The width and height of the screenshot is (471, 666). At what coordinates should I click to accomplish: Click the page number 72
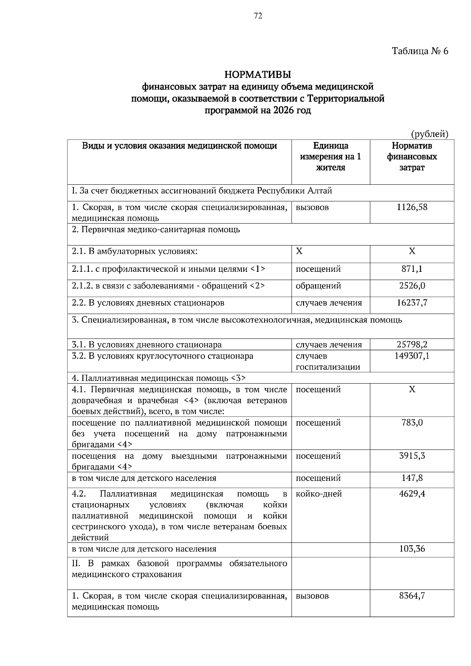258,16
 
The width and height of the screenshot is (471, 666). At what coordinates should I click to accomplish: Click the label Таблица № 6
420,51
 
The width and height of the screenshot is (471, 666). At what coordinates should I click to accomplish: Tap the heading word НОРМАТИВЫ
257,74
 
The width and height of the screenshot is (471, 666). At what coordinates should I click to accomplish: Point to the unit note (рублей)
429,134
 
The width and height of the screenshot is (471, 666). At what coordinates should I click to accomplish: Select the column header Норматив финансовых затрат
412,156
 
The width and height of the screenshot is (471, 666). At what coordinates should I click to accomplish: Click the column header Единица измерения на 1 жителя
330,156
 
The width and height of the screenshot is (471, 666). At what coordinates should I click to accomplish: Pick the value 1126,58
412,207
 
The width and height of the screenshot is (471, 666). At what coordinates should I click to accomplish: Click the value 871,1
412,269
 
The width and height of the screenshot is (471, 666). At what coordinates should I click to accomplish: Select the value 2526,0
412,286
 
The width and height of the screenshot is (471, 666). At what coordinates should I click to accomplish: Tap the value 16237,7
412,303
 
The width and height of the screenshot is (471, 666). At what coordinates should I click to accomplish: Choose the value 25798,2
412,345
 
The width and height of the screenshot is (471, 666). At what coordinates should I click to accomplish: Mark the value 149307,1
412,356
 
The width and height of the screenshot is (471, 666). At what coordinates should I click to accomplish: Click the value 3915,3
412,456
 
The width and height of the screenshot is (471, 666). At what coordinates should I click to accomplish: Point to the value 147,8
412,478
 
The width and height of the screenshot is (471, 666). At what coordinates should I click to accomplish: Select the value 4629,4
412,494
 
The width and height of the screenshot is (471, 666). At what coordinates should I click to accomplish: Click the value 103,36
412,549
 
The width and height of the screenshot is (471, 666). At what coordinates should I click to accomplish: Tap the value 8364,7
412,596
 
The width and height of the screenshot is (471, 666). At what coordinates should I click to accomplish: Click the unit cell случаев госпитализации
328,362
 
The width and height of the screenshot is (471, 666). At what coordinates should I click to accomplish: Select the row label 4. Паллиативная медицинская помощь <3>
159,378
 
